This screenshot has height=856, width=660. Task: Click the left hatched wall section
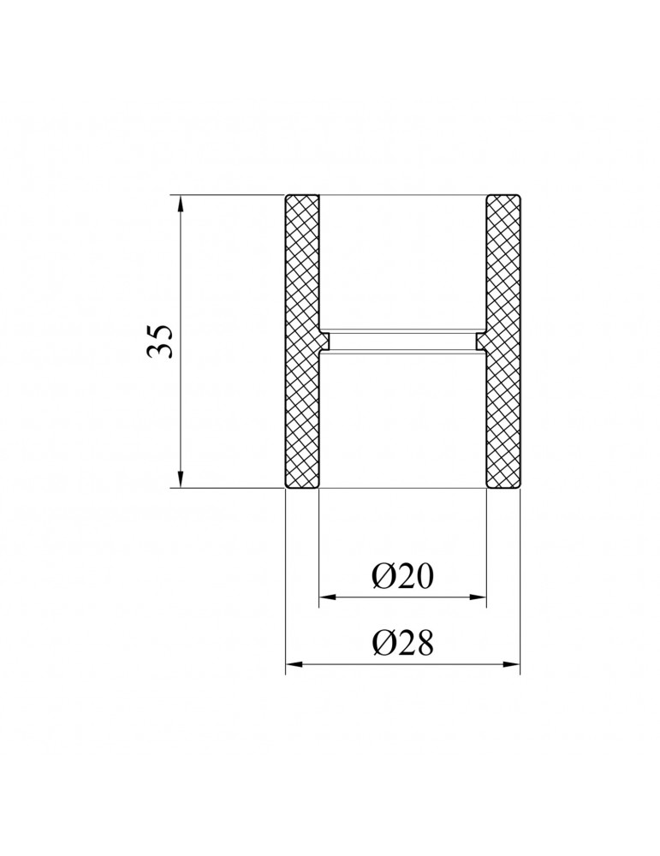point(302,342)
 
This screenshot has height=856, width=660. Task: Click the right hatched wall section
point(502,342)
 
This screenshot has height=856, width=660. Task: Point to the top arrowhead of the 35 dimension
point(181,202)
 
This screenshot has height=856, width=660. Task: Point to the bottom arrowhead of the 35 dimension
point(181,479)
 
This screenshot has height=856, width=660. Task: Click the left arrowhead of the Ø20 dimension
point(328,597)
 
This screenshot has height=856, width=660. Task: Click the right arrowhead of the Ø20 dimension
point(478,597)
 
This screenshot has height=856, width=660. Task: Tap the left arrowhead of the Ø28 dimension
point(294,664)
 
